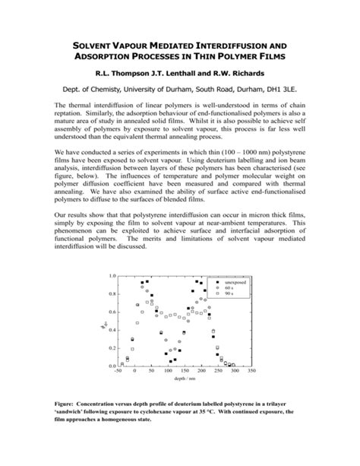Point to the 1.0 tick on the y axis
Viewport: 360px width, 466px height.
112,277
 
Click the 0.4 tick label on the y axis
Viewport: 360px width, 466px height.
112,330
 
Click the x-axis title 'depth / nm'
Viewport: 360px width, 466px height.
185,379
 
